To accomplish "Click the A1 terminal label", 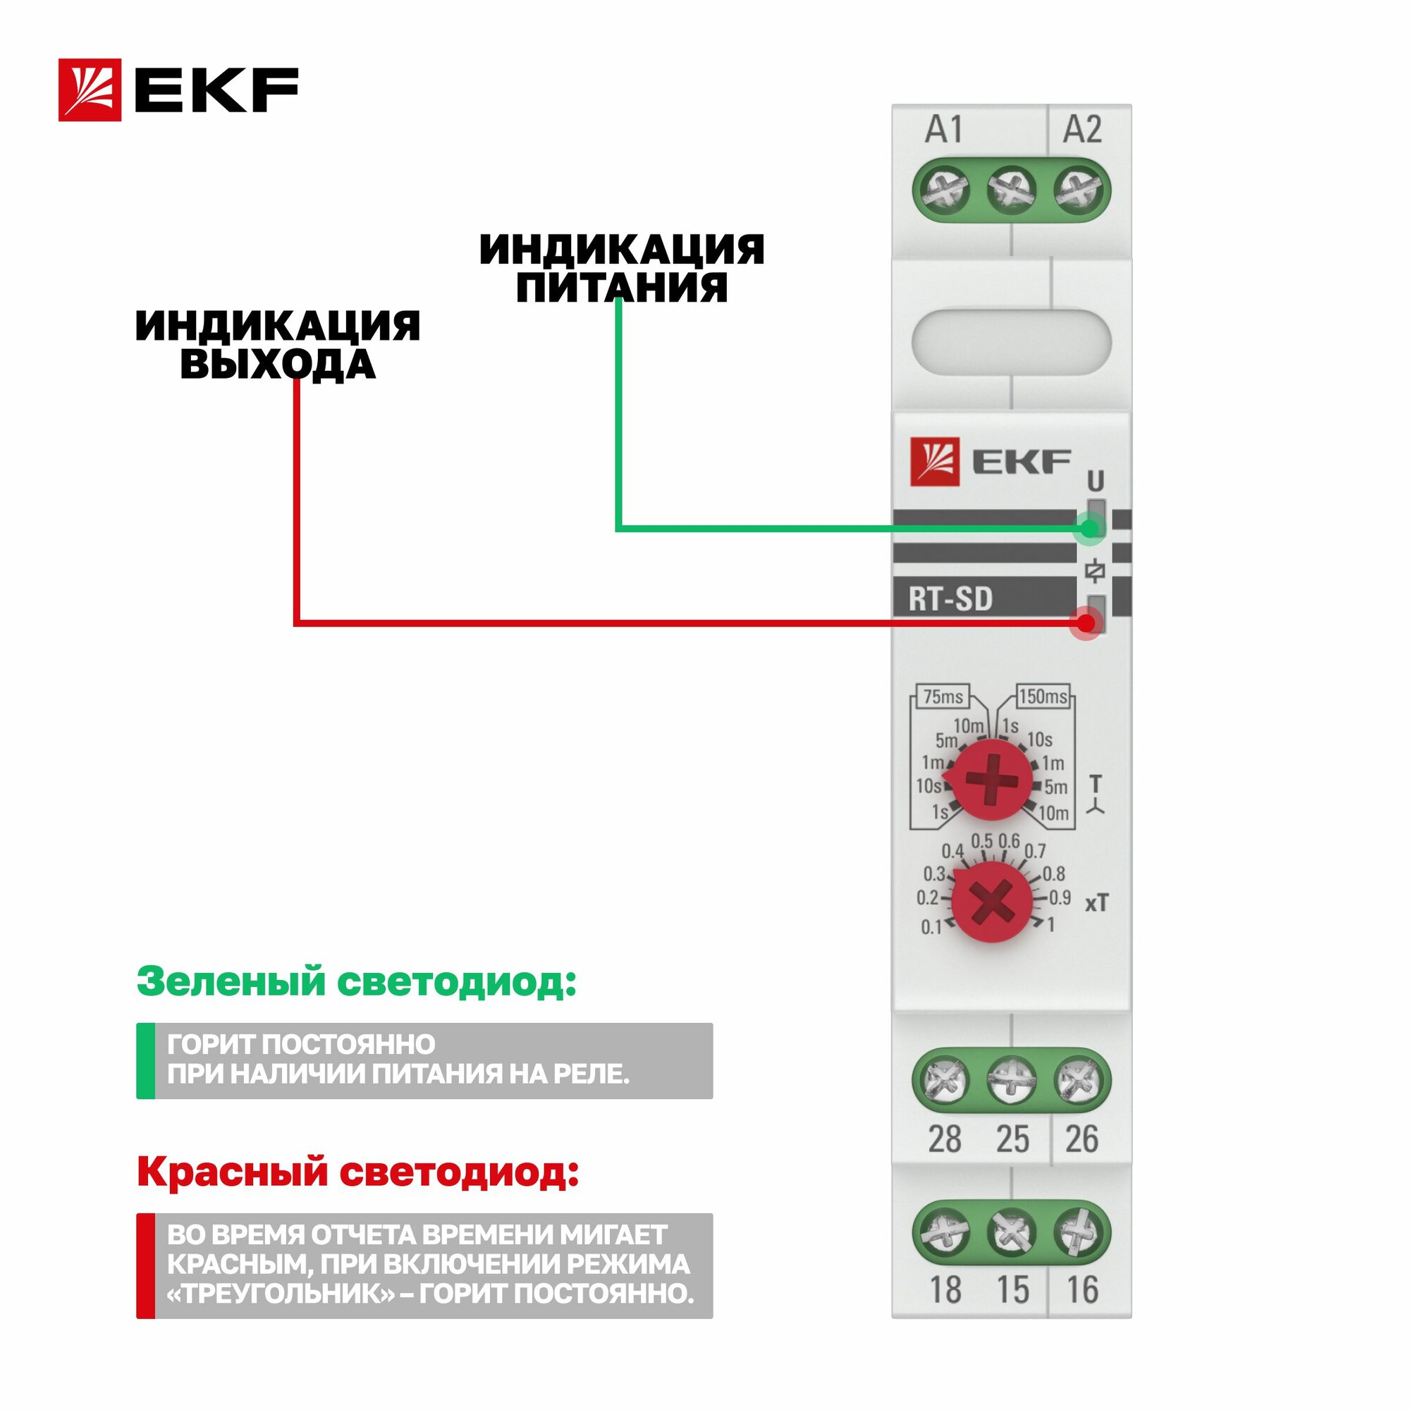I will (x=944, y=130).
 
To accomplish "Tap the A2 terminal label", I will (x=1081, y=130).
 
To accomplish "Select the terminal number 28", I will (x=945, y=1139).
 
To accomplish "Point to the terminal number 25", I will (x=1013, y=1139).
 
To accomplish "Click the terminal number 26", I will (x=1081, y=1139).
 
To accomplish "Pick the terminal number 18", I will (x=945, y=1289).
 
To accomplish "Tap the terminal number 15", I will (x=1013, y=1289).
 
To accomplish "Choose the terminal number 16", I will (x=1082, y=1289).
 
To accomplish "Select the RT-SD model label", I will (x=950, y=599).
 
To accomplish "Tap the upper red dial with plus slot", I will (x=992, y=780).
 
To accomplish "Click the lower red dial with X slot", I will (x=993, y=900).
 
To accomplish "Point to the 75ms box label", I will (x=943, y=697).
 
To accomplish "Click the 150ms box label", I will (x=1043, y=697).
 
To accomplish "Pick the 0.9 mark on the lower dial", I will (x=1060, y=897).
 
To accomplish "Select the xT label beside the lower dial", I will (x=1096, y=904).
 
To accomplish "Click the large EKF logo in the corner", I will (x=179, y=90).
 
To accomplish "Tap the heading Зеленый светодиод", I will (x=356, y=981).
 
